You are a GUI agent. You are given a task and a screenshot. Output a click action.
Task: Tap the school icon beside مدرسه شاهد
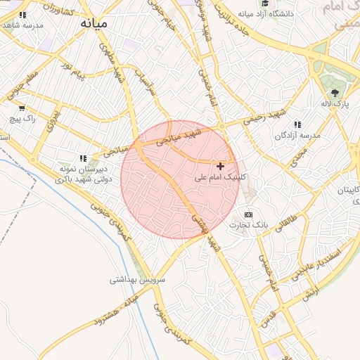click(x=23, y=14)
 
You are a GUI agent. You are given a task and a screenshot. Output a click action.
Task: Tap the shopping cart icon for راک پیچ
click(x=22, y=108)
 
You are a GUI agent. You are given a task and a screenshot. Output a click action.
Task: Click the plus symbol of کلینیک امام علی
click(x=221, y=166)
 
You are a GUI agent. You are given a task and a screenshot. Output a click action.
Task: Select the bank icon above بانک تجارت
click(x=247, y=214)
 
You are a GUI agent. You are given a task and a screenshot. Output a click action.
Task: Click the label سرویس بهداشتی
click(x=137, y=279)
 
